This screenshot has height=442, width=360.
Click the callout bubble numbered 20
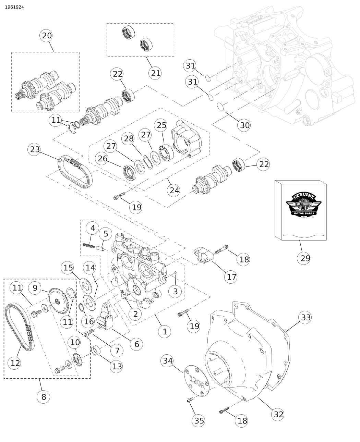point(47,36)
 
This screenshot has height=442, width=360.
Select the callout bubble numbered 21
point(156,73)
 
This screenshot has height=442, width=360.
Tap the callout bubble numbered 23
point(35,149)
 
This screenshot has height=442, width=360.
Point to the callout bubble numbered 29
point(305,258)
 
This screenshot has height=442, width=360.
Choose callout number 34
point(168,360)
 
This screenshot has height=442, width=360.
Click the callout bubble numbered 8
point(44,397)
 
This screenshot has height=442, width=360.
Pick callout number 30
point(245,125)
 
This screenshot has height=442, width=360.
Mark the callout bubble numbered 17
point(232,277)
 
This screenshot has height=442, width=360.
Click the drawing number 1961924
point(14,7)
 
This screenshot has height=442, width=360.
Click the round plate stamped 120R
point(196,381)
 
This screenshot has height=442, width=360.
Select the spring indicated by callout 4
point(89,245)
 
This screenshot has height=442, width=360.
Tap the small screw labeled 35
point(189,400)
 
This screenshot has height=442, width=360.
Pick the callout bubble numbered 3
point(175,291)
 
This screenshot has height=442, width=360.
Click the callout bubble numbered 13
point(117,366)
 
